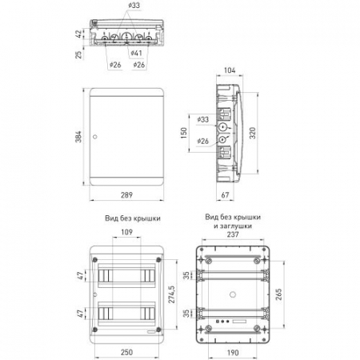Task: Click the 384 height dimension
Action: pyautogui.click(x=78, y=137)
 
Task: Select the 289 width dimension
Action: pyautogui.click(x=126, y=195)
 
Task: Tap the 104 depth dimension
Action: pyautogui.click(x=230, y=70)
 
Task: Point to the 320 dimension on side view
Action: pyautogui.click(x=252, y=133)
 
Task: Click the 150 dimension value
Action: pyautogui.click(x=184, y=133)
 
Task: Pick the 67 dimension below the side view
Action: pyautogui.click(x=226, y=195)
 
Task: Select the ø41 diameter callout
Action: pyautogui.click(x=136, y=53)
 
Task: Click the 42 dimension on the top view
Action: pyautogui.click(x=78, y=34)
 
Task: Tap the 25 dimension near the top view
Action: pyautogui.click(x=78, y=54)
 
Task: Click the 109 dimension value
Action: pyautogui.click(x=126, y=232)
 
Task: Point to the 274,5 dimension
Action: pyautogui.click(x=171, y=294)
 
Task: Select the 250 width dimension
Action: pyautogui.click(x=126, y=352)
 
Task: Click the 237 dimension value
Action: pyautogui.click(x=233, y=234)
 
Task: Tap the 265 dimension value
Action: pyautogui.click(x=278, y=294)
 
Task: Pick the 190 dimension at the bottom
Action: pyautogui.click(x=233, y=353)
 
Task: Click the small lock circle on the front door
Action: pyautogui.click(x=95, y=137)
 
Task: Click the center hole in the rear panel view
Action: pyautogui.click(x=233, y=294)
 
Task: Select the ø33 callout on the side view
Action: pyautogui.click(x=202, y=119)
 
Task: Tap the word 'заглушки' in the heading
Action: pyautogui.click(x=236, y=226)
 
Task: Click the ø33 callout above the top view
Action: pyautogui.click(x=134, y=6)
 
